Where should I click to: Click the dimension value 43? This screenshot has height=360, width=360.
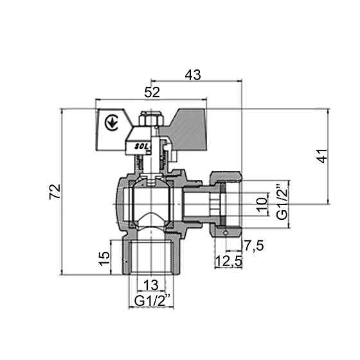[x=193, y=75]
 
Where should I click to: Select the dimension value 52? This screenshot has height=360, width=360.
[x=152, y=93]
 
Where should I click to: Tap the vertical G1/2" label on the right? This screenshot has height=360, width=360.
[x=281, y=204]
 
